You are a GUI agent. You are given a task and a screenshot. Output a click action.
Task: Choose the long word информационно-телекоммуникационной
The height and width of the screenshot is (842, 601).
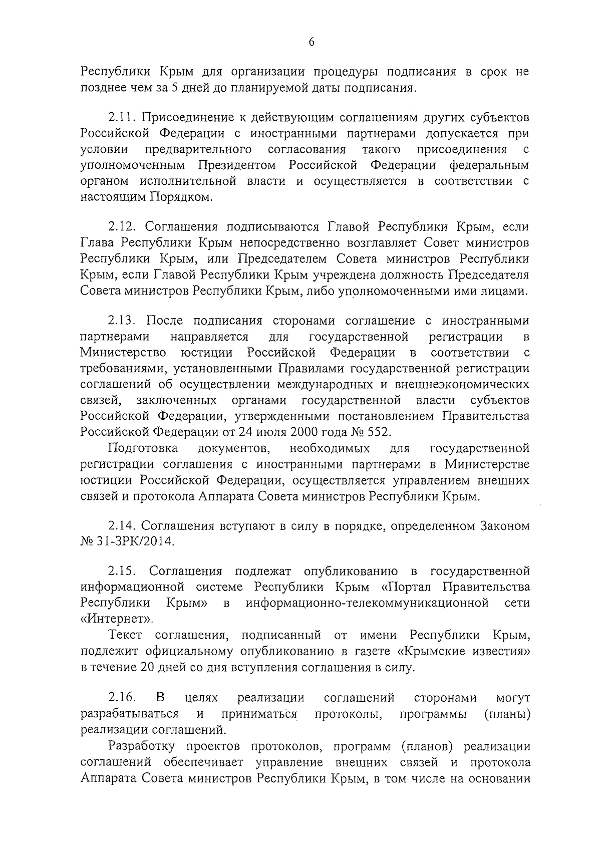[x=367, y=602]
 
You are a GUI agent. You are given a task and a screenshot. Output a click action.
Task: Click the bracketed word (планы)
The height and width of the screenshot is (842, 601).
[x=507, y=713]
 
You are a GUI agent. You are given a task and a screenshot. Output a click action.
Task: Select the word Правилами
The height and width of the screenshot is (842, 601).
[x=302, y=368]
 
